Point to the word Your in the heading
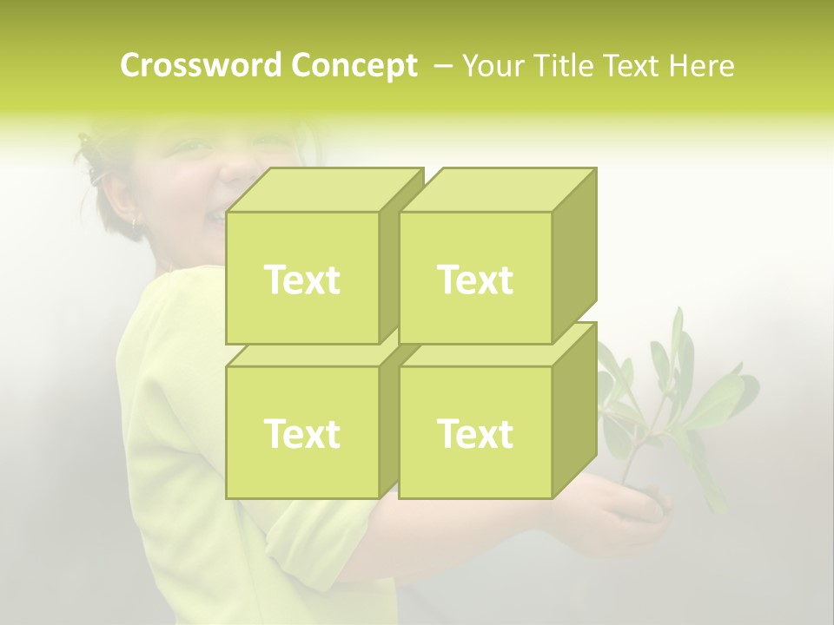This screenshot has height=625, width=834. (493, 66)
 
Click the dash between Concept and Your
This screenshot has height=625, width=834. (441, 66)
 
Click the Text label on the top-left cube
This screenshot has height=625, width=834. (302, 280)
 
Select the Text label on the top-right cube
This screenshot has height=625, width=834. (475, 280)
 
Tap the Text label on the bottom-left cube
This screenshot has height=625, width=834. (302, 433)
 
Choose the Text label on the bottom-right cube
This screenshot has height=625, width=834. (475, 433)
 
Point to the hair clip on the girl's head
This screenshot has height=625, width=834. (91, 161)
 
